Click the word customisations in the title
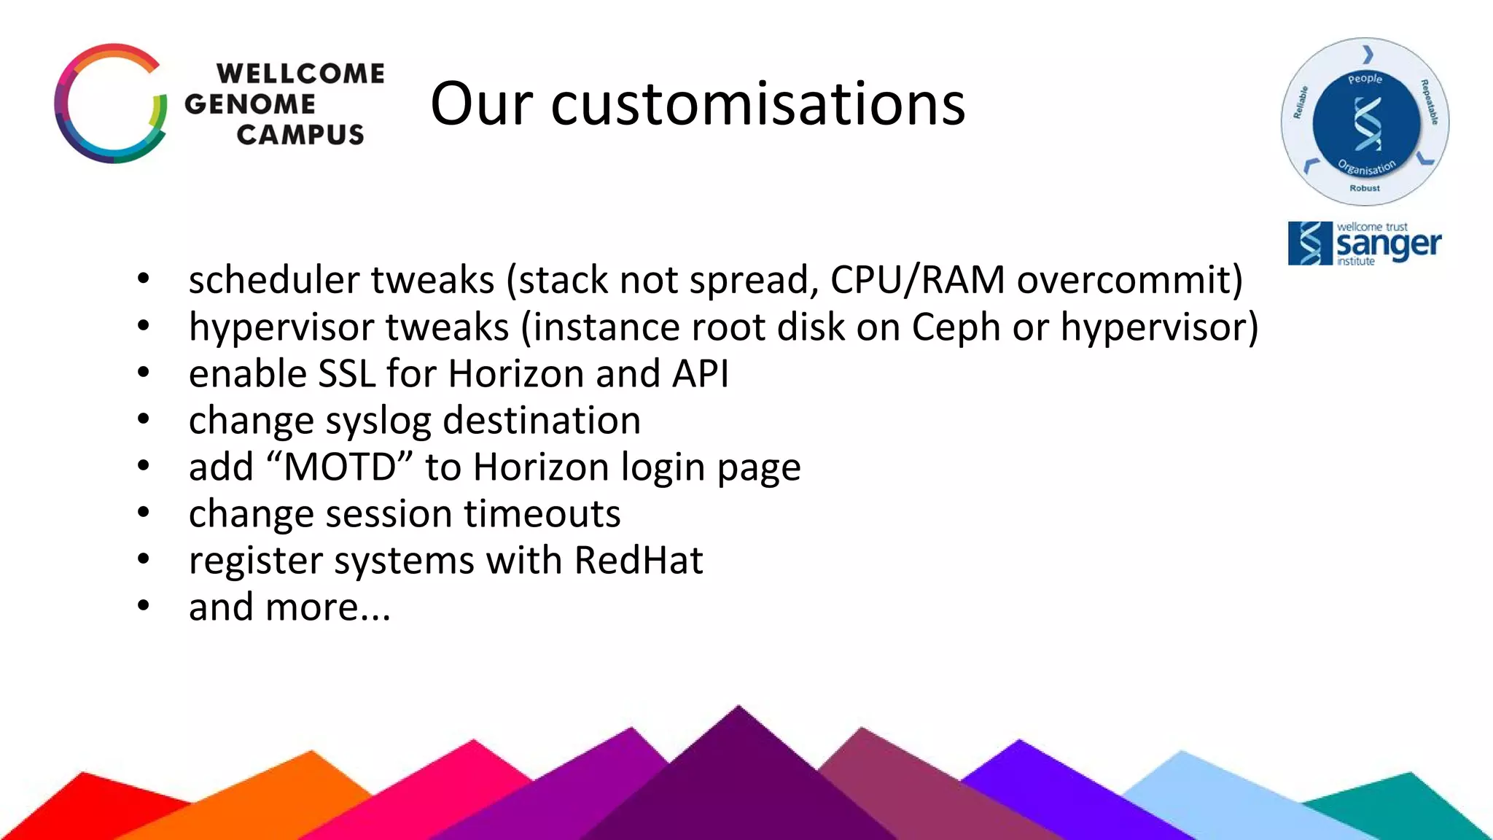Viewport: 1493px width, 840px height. tap(758, 104)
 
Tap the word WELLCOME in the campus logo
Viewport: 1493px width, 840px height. tap(300, 74)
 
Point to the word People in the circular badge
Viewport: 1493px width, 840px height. tap(1365, 79)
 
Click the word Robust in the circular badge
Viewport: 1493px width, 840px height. tap(1365, 188)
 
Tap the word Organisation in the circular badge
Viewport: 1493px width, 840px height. tap(1367, 168)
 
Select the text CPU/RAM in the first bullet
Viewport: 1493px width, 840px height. tap(917, 280)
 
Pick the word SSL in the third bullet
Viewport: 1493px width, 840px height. tap(347, 373)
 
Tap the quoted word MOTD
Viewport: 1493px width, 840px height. tap(340, 467)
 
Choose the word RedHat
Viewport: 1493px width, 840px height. tap(639, 560)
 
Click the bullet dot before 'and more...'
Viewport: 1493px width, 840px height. tap(144, 605)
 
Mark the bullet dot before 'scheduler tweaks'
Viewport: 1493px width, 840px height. tap(144, 279)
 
